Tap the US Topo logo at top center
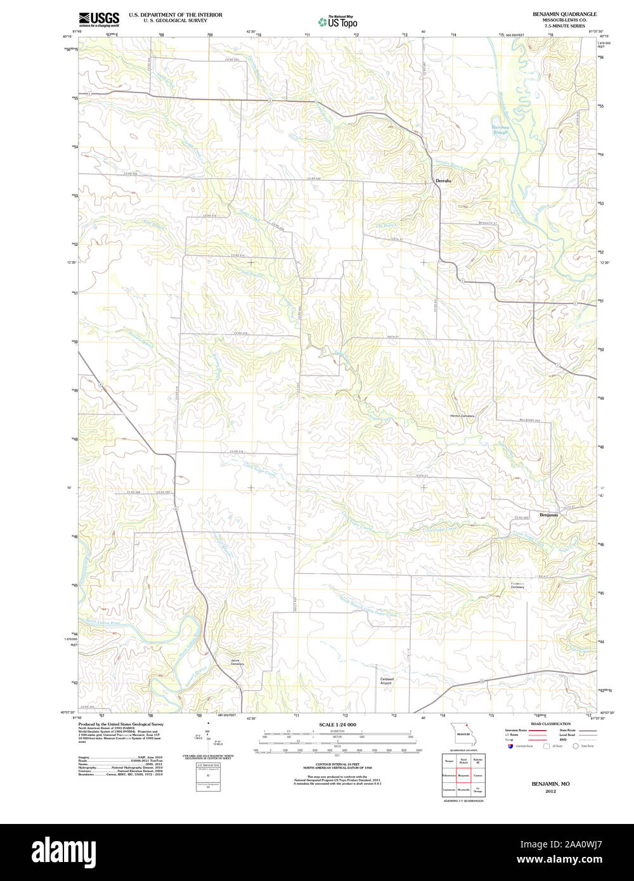tap(337, 21)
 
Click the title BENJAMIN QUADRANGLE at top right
tap(564, 13)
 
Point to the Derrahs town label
tap(443, 181)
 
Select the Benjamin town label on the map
tap(548, 515)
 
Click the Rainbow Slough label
tap(500, 130)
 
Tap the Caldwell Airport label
tap(386, 681)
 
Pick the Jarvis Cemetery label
tap(237, 662)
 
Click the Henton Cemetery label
tap(462, 416)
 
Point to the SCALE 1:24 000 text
tap(337, 724)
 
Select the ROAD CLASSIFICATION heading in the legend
tap(550, 724)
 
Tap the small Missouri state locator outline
tap(463, 737)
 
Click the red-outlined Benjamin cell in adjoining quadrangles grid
tap(463, 775)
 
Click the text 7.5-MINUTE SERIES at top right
tap(564, 25)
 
